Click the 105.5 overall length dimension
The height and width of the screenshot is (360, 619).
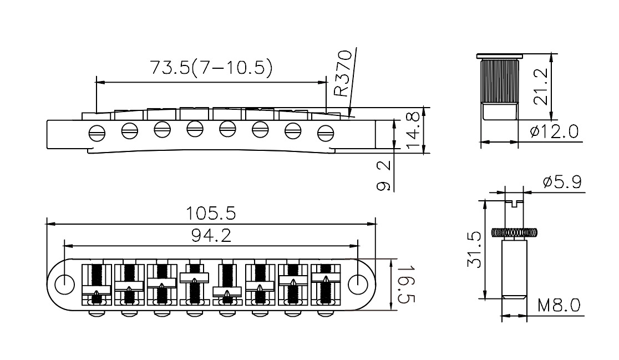[211, 214]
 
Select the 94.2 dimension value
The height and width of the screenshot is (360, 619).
[211, 236]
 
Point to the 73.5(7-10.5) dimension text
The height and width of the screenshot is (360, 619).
[211, 68]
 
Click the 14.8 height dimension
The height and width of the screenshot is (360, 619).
[413, 130]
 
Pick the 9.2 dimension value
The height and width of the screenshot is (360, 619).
[384, 176]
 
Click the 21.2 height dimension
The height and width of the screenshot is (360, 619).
[541, 87]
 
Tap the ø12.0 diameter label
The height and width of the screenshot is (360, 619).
[554, 131]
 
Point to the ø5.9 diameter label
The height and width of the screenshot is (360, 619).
[562, 182]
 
